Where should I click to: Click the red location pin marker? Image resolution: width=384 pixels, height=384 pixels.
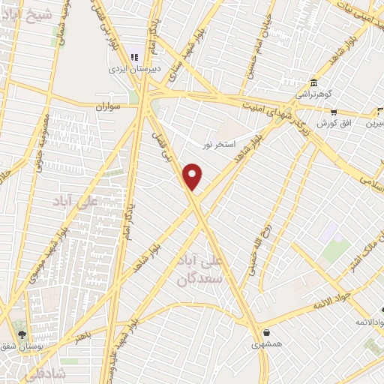click(193, 175)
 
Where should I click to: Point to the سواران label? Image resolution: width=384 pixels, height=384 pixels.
click(106, 107)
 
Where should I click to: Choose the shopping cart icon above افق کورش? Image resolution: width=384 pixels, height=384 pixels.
click(333, 112)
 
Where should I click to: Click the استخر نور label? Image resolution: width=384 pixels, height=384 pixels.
click(220, 143)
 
